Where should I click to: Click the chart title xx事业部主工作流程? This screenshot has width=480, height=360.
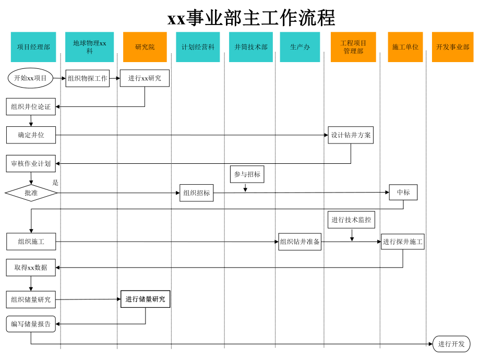(x=251, y=18)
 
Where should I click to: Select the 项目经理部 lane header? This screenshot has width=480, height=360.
(x=33, y=47)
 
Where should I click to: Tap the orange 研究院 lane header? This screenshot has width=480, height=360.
(x=145, y=47)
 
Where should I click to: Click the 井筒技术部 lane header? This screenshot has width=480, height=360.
(x=250, y=47)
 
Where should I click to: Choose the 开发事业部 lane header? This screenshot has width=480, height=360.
(x=452, y=47)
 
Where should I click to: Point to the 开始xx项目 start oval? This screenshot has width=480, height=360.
(x=30, y=78)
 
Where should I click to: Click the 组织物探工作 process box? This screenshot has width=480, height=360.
(x=87, y=78)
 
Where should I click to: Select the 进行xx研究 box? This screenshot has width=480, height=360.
(x=145, y=78)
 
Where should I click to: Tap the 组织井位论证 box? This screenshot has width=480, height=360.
(x=31, y=107)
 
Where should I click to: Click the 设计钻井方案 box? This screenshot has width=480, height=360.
(x=351, y=135)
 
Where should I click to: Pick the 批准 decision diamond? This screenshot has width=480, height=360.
(x=31, y=193)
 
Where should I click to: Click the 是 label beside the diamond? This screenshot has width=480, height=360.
(x=55, y=183)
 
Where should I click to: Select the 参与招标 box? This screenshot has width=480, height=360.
(x=247, y=174)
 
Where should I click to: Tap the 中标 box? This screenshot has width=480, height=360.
(x=403, y=192)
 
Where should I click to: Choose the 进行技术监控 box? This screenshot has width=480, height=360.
(x=351, y=220)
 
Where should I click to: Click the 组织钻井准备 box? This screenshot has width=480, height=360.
(x=299, y=242)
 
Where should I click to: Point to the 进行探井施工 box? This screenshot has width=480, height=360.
(x=402, y=242)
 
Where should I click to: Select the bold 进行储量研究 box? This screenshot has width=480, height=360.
(x=145, y=299)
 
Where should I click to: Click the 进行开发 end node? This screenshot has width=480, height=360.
(x=451, y=344)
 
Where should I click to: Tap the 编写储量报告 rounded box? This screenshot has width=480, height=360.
(x=31, y=324)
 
